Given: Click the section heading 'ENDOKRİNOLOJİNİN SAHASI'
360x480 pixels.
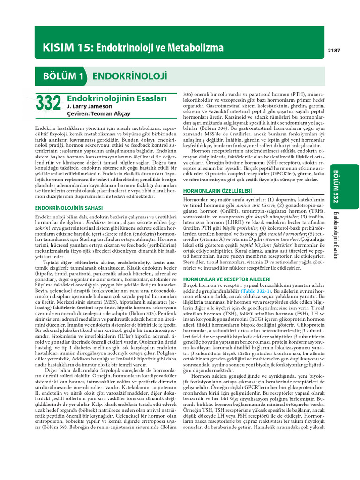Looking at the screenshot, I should click(x=69, y=207).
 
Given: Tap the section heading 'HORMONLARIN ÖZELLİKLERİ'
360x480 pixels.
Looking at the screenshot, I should click(x=217, y=191).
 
